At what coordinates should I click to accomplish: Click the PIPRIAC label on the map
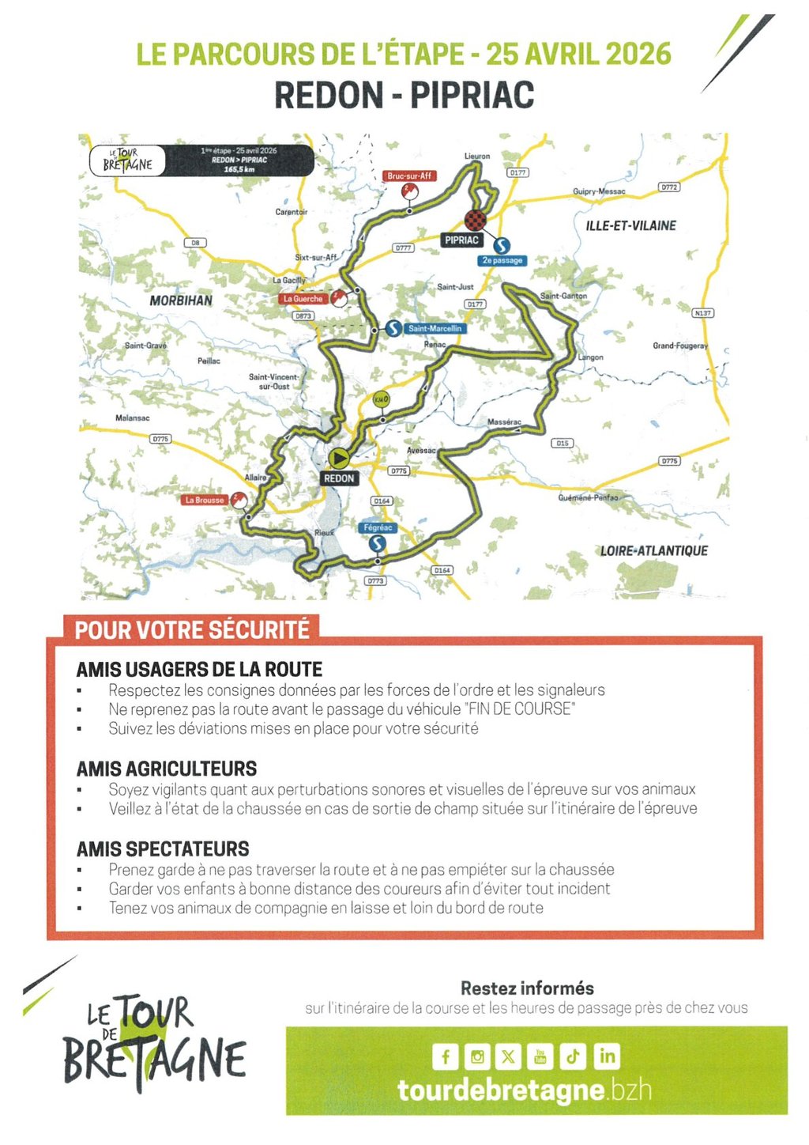point(462,240)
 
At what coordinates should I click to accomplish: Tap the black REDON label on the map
point(339,478)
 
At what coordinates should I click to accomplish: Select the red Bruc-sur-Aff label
point(409,176)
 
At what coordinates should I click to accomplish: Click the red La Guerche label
point(303,299)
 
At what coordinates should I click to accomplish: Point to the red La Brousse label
point(205,500)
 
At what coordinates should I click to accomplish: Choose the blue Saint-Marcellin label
point(435,328)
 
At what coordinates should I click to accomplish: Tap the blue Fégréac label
point(378,527)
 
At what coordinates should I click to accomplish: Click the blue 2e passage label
point(502,260)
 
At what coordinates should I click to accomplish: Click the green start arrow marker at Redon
point(339,458)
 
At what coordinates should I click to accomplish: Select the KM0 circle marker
point(381,399)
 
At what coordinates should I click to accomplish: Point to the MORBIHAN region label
point(181,300)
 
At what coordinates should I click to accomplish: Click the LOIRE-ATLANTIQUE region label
point(653,550)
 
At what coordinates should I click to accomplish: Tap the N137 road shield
point(702,313)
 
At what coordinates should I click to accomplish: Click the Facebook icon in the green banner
point(445,1056)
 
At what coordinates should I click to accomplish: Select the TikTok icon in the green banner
point(573,1056)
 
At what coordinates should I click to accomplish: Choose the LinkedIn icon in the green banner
point(607,1056)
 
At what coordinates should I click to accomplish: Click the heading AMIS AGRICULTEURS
point(167,769)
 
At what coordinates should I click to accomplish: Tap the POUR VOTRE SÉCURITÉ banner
point(192,630)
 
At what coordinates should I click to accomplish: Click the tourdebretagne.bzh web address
point(525,1090)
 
